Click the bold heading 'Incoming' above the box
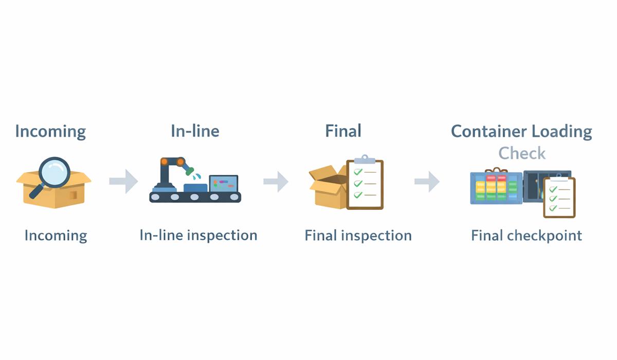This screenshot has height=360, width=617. coord(50,132)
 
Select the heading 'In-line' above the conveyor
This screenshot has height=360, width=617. coord(195,131)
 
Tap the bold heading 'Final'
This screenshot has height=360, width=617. coord(343,131)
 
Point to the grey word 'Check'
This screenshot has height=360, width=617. coord(522,153)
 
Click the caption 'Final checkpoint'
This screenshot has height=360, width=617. coord(527,236)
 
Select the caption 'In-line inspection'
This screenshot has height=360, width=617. coord(198,236)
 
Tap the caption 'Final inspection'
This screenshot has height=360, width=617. coord(358,236)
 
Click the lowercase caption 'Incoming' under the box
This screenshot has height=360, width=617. coord(56,236)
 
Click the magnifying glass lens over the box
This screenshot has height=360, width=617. coord(54,171)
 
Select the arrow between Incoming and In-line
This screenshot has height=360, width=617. coord(123,181)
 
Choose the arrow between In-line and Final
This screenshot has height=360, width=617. coord(276,181)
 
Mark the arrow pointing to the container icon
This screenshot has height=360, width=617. coord(427,181)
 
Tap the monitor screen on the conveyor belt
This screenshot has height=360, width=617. coord(224,183)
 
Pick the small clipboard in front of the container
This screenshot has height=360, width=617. coord(559,197)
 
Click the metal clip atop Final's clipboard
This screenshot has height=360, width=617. coord(365,159)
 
